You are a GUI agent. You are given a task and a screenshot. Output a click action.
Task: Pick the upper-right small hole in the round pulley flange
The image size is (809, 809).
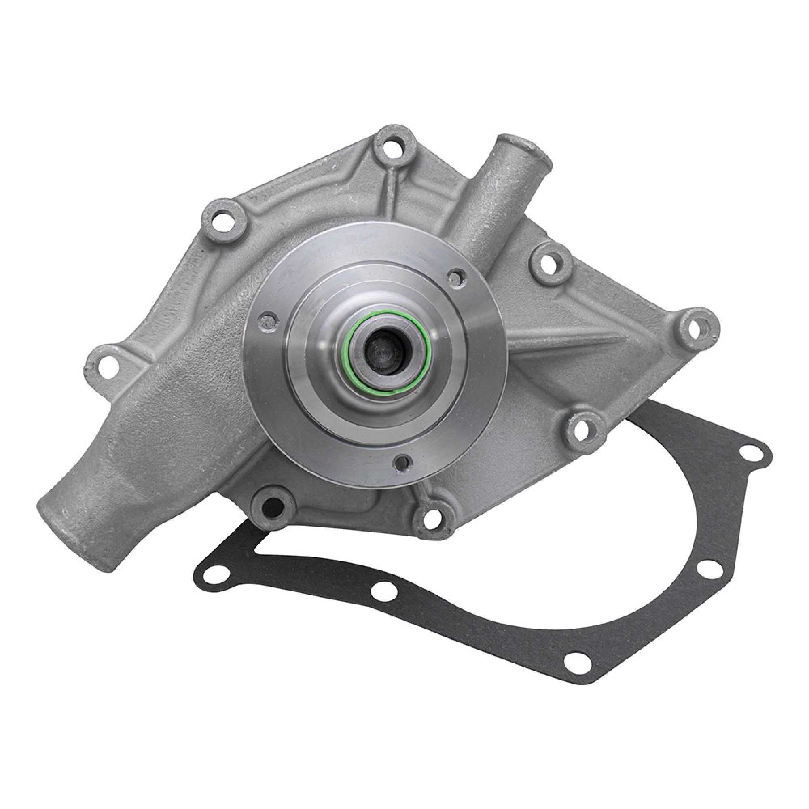coord(454,275)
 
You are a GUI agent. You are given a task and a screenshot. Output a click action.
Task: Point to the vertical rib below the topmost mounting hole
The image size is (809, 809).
coord(391,193)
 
